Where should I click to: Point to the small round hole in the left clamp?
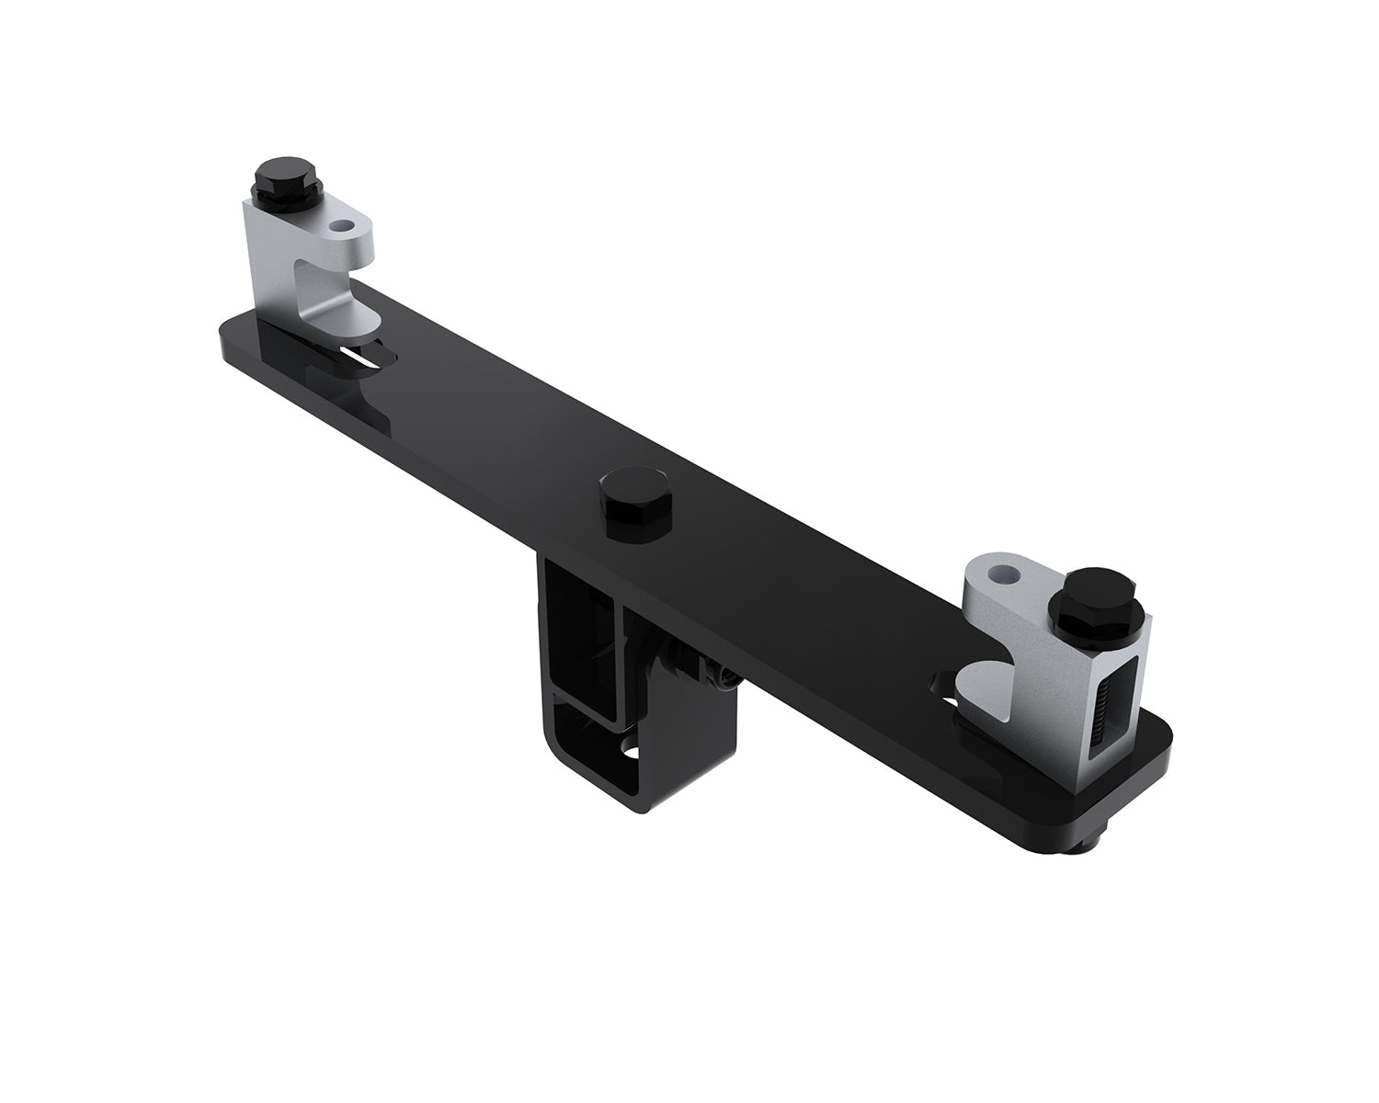(x=344, y=224)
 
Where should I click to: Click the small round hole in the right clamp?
(x=1003, y=574)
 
